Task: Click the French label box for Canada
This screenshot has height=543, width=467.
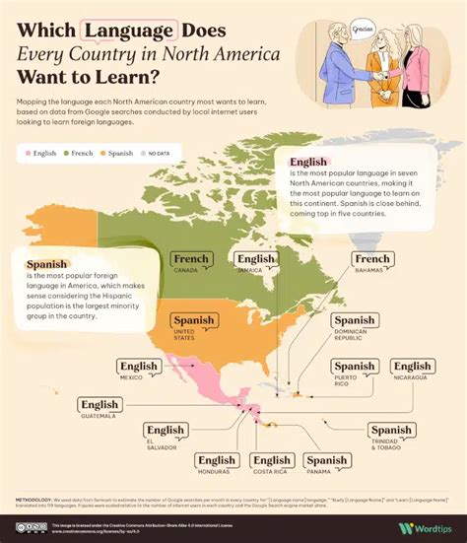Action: [x=191, y=260]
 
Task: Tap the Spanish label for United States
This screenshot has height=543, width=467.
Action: [x=193, y=320]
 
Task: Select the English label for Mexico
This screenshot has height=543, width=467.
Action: [x=139, y=367]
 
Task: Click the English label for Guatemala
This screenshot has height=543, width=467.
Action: [x=100, y=404]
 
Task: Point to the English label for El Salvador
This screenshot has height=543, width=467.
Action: [x=166, y=430]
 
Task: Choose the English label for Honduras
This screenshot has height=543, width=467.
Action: [x=216, y=460]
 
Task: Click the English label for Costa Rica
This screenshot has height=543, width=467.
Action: [x=271, y=460]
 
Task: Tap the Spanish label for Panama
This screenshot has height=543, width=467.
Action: [x=326, y=460]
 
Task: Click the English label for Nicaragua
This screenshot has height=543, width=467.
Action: [x=412, y=367]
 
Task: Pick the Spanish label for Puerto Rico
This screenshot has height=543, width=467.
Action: [x=354, y=367]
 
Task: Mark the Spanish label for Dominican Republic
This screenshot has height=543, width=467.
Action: [x=354, y=320]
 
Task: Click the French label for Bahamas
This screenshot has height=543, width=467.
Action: [x=372, y=260]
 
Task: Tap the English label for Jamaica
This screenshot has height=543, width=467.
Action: [x=256, y=260]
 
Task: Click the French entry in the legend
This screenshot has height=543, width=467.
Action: [x=78, y=153]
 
